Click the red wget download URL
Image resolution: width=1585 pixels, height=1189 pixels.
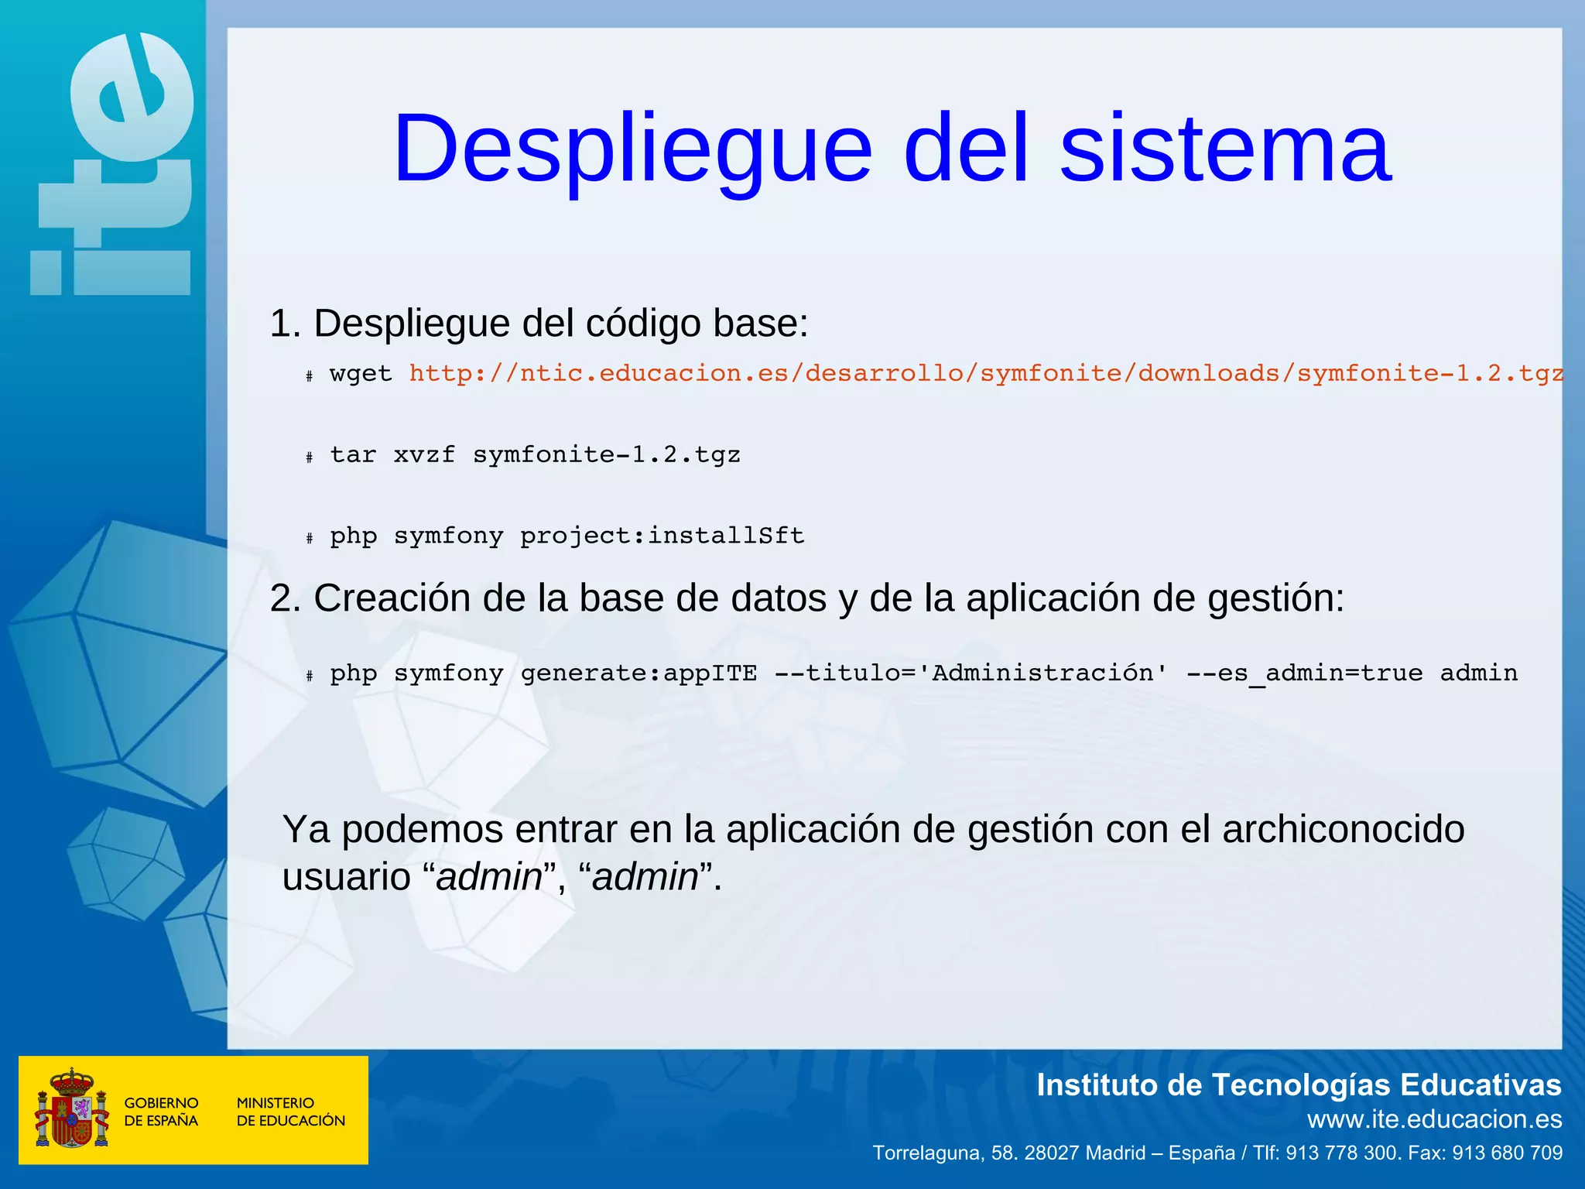[x=985, y=374]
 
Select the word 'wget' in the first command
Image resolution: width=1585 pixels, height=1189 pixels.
[x=361, y=374]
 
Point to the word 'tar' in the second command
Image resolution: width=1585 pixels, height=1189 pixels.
[x=353, y=455]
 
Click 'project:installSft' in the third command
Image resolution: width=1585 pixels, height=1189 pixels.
[x=662, y=536]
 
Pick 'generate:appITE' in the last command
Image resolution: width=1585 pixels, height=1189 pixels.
[x=638, y=673]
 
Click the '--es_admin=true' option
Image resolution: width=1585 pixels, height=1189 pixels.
[x=1304, y=673]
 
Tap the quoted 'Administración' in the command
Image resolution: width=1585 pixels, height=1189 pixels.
[x=1050, y=673]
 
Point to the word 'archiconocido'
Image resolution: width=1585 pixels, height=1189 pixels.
[x=1344, y=829]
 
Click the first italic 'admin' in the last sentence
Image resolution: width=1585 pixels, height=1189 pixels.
[x=489, y=877]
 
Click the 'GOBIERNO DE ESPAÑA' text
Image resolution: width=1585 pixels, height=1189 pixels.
[x=161, y=1112]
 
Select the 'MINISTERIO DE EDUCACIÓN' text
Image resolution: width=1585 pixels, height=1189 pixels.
[x=290, y=1112]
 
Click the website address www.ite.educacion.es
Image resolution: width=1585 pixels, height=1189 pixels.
[x=1434, y=1119]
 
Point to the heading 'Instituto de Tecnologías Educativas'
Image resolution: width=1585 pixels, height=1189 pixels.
[x=1299, y=1085]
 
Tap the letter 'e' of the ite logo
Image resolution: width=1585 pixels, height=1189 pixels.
[x=132, y=97]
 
